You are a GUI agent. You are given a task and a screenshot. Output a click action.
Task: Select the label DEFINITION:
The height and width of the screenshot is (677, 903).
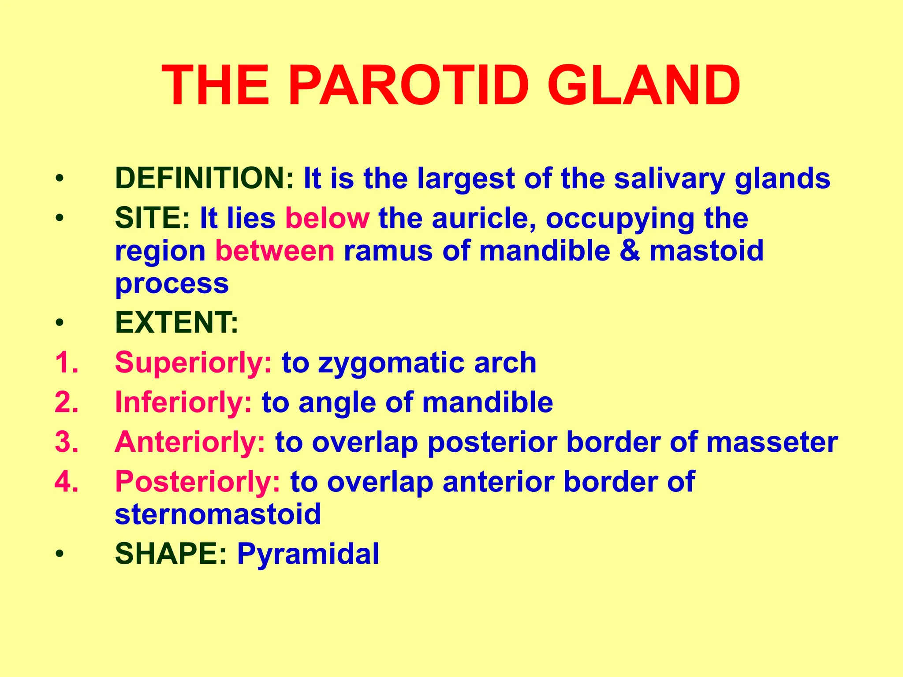(204, 179)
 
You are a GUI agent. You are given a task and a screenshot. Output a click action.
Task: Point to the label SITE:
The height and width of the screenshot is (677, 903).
(153, 218)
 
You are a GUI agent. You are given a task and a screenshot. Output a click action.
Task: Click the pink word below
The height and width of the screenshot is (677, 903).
(327, 218)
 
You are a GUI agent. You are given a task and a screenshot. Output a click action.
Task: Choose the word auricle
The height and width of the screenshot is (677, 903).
(485, 218)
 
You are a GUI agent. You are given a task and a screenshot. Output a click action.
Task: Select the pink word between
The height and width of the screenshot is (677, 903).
(275, 251)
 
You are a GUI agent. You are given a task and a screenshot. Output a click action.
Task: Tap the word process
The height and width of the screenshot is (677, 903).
(172, 284)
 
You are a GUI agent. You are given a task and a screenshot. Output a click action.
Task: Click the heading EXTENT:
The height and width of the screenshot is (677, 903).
(176, 323)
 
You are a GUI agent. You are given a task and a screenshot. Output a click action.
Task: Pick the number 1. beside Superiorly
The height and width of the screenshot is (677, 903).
(67, 363)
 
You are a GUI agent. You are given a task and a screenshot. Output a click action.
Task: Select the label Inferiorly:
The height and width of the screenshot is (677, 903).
(183, 403)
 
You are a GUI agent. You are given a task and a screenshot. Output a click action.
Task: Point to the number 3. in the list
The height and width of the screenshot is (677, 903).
(67, 442)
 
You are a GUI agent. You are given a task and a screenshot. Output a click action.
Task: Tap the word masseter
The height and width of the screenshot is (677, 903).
(772, 442)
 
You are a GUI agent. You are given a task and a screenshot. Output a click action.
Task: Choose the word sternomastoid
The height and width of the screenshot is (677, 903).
(218, 514)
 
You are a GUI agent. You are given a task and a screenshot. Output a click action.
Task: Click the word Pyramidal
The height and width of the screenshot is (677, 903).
(308, 554)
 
